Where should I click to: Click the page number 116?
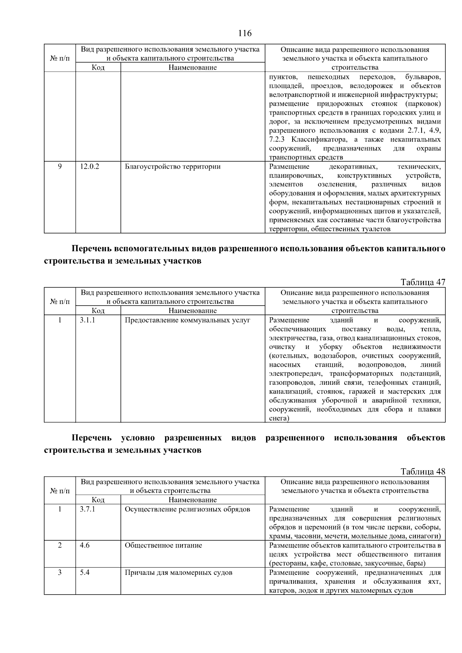pos(245,33)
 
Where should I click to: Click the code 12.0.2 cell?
pos(89,167)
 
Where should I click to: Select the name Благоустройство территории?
pos(172,167)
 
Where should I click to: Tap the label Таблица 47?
pos(423,282)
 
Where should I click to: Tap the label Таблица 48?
pos(423,471)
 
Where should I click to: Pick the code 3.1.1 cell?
pos(87,320)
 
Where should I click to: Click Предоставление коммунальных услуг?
pos(187,320)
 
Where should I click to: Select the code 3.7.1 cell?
pos(87,509)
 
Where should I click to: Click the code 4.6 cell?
pos(85,545)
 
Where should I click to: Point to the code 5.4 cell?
pos(85,572)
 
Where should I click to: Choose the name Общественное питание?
pos(163,545)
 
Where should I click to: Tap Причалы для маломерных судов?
pos(178,572)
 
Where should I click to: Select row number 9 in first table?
pos(60,167)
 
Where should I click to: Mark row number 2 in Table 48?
pos(60,545)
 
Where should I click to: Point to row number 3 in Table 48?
pos(60,572)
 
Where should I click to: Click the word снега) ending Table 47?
pos(279,418)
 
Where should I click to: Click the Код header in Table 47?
pos(98,311)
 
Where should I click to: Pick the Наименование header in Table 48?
pos(192,500)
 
